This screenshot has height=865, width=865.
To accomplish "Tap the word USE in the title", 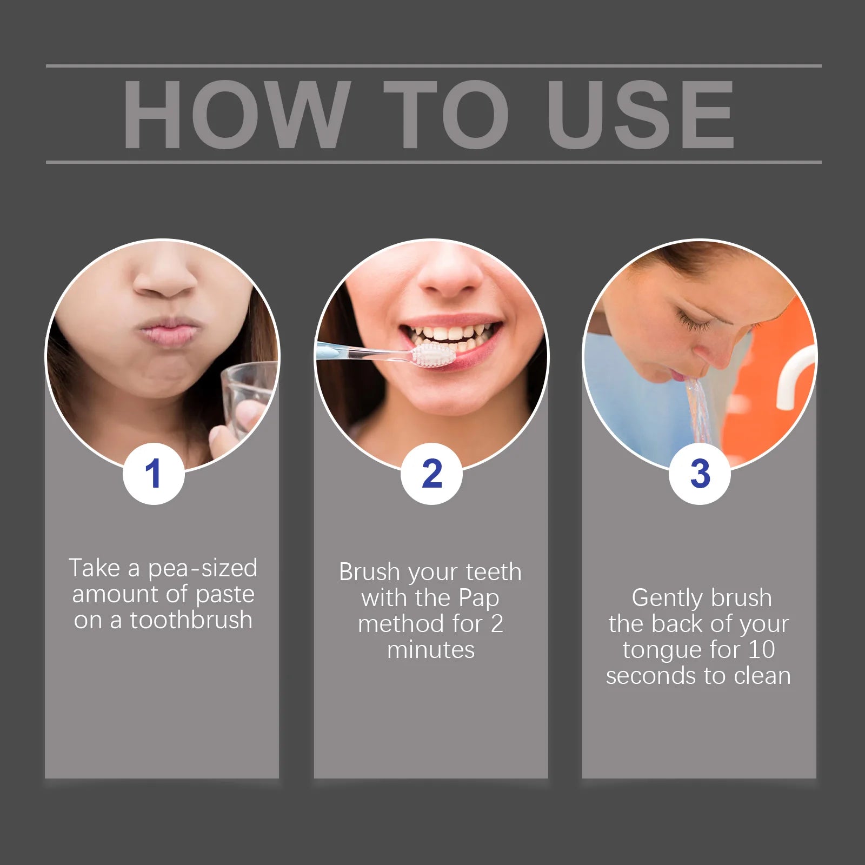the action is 640,114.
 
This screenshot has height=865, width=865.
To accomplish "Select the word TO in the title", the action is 447,114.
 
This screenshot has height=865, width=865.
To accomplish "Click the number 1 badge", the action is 154,474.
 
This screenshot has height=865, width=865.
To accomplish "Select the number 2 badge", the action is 431,474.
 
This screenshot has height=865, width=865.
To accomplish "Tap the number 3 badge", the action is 700,474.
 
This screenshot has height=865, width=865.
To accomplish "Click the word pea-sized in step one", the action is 203,568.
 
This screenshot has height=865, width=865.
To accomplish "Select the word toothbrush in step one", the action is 191,620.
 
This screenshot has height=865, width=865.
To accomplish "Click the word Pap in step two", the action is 479,598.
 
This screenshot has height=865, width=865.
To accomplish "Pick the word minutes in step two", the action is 431,649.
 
